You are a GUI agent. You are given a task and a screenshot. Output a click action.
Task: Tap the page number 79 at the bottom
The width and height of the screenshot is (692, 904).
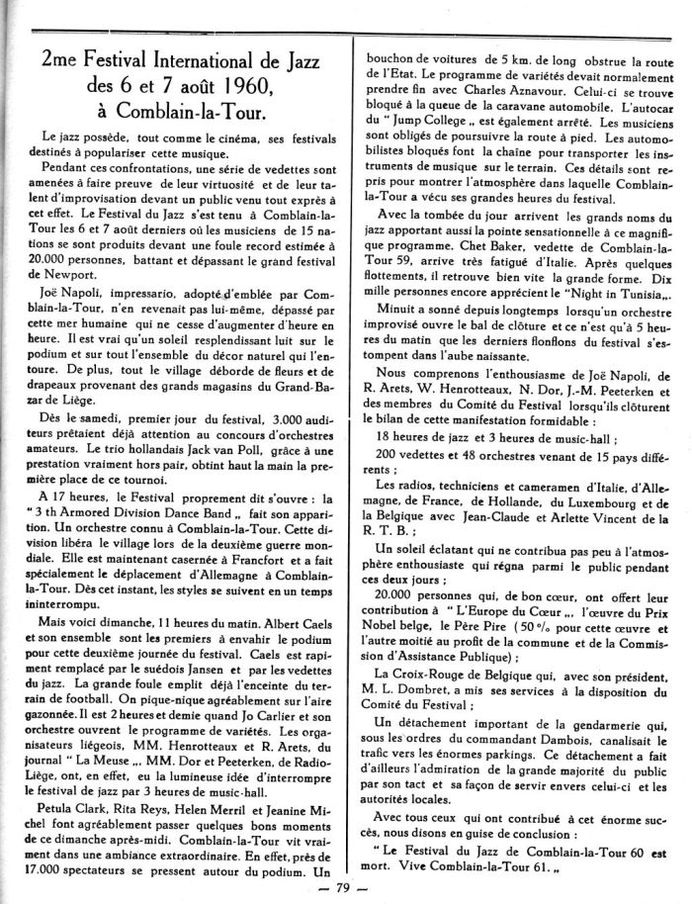(x=346, y=887)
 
